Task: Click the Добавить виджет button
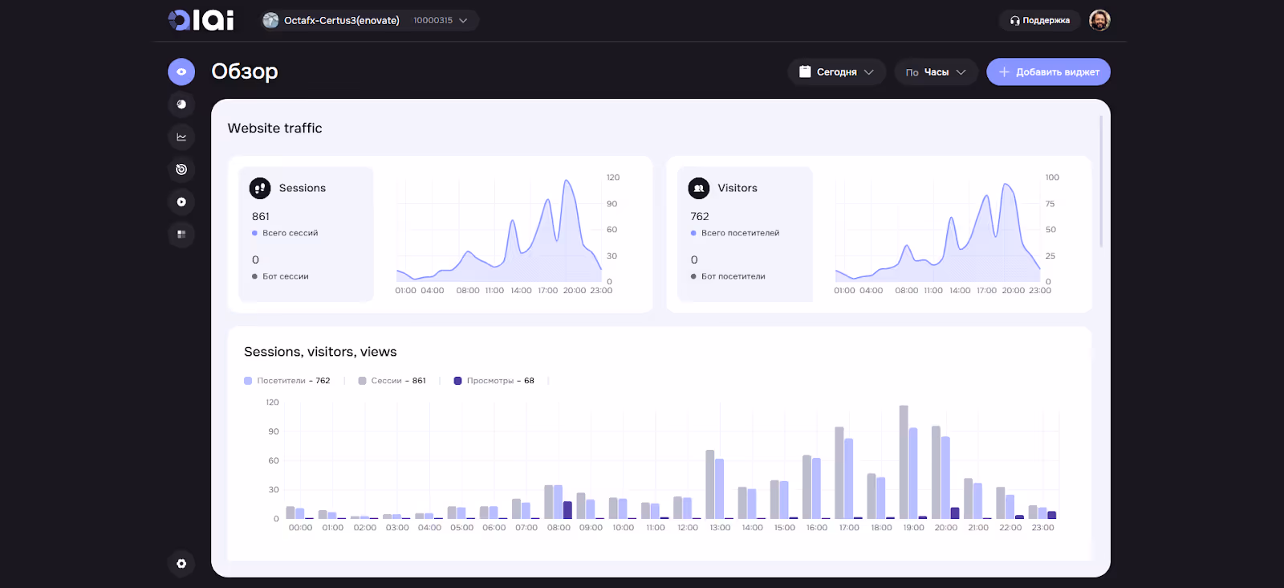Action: tap(1048, 72)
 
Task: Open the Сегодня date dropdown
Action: tap(836, 72)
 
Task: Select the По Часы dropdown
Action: tap(936, 72)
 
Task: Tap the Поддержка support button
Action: tap(1040, 21)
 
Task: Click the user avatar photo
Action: tap(1099, 20)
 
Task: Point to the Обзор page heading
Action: tap(245, 71)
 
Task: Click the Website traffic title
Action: tap(274, 129)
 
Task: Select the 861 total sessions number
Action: tap(261, 217)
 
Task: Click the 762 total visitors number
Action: tap(700, 217)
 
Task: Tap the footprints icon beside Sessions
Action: tap(259, 188)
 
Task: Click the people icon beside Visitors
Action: tap(698, 188)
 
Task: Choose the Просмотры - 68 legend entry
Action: tap(494, 381)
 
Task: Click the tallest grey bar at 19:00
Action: tap(904, 462)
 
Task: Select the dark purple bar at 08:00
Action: tap(567, 510)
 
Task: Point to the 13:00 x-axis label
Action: tap(720, 528)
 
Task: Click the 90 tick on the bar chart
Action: tap(274, 431)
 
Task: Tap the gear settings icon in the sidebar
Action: tap(181, 564)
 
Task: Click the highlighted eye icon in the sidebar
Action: tap(181, 71)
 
